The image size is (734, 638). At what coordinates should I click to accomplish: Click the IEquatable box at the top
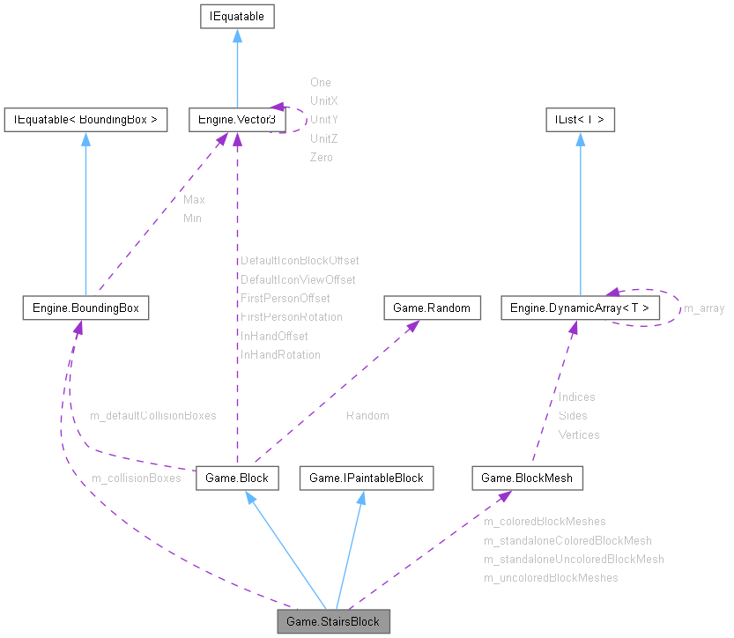[237, 16]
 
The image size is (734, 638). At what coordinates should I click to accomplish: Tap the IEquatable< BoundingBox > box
[85, 120]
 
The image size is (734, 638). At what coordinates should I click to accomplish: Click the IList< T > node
[579, 120]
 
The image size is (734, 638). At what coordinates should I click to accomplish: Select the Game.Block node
[237, 478]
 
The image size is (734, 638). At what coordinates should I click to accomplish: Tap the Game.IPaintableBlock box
[367, 478]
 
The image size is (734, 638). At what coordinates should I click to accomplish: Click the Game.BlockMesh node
[528, 478]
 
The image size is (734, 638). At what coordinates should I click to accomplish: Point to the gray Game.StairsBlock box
[333, 621]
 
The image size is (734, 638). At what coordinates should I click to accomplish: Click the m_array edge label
[704, 308]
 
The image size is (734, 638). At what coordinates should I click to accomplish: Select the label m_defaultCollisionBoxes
[153, 415]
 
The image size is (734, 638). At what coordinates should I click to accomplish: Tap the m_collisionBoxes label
[136, 478]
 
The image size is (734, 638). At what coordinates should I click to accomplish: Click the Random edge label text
[367, 415]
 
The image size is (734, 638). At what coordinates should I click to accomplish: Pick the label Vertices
[579, 434]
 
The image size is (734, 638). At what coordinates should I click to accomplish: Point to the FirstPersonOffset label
[285, 298]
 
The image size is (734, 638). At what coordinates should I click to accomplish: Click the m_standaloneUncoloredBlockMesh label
[574, 559]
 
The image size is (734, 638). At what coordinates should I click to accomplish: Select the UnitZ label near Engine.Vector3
[324, 138]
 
